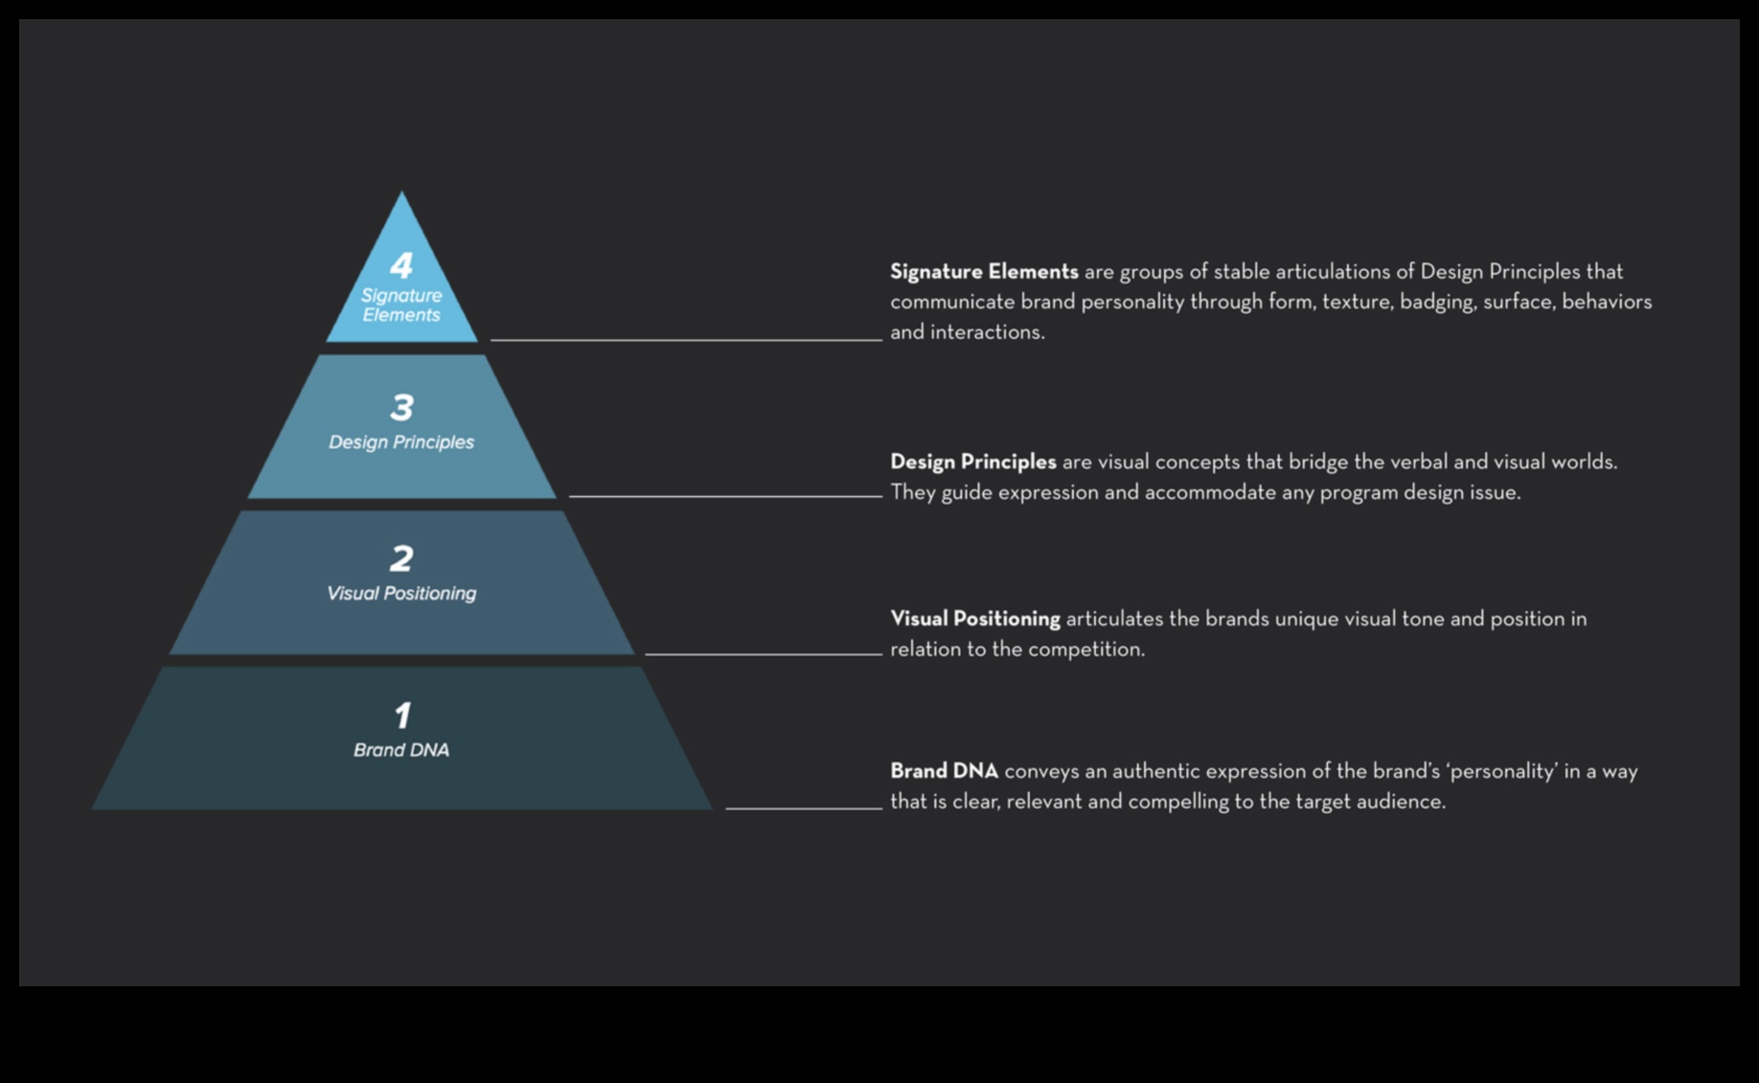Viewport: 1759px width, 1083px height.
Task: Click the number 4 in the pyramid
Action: [401, 265]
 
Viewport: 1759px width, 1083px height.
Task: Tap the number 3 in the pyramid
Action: [401, 408]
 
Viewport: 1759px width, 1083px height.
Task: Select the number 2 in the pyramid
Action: [401, 559]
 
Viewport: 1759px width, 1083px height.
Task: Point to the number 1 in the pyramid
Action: [402, 715]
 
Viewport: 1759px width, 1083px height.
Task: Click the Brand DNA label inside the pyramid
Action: [401, 750]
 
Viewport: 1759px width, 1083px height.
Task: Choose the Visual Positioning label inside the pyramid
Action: [401, 594]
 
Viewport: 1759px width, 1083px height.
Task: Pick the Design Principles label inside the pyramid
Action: [401, 442]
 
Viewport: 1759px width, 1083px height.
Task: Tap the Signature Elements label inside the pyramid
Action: [401, 305]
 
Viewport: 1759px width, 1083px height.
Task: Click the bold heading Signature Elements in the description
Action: [984, 272]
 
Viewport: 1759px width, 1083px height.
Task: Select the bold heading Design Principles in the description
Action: [972, 463]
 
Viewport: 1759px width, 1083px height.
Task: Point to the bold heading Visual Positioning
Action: [974, 620]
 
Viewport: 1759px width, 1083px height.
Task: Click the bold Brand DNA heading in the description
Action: [944, 772]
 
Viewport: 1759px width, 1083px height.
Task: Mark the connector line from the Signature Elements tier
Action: [686, 340]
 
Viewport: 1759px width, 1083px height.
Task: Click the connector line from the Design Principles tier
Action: [725, 496]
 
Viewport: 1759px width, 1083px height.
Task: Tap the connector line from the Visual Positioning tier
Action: [764, 654]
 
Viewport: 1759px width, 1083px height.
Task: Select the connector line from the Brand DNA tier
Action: [804, 808]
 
